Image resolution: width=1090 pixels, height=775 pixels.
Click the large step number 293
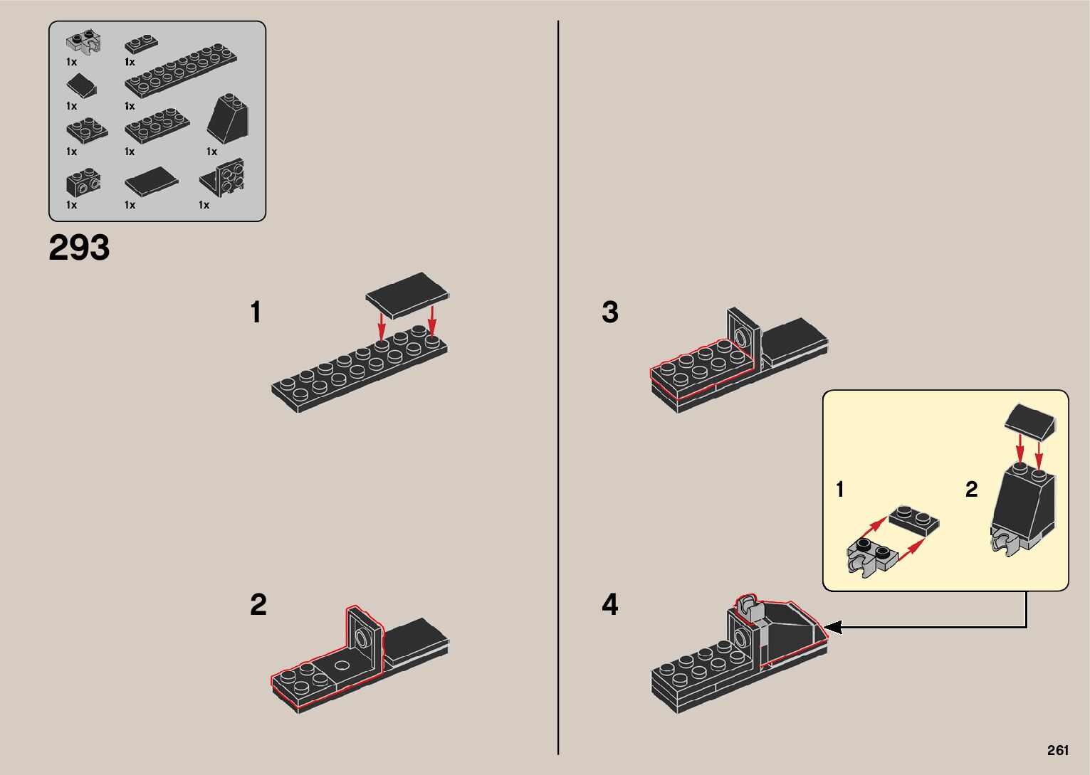79,248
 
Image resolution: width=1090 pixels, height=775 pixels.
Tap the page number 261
1058,750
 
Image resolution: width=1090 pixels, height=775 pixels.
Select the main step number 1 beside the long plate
256,312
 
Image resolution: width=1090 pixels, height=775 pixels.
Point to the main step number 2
258,604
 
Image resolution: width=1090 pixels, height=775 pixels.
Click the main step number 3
610,312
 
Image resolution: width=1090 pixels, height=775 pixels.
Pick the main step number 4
610,604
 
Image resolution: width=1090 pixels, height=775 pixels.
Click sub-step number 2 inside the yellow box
971,489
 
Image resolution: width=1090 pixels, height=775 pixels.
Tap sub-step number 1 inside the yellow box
840,489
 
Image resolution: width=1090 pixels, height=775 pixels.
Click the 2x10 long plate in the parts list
181,70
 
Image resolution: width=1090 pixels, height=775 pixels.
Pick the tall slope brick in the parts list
227,118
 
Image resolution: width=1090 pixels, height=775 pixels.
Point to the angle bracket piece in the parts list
222,178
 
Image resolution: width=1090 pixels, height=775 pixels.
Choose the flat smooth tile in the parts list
152,181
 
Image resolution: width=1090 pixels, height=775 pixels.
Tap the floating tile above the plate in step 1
407,295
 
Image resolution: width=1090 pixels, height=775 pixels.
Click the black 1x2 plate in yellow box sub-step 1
914,521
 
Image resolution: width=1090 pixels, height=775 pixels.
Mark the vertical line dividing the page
558,388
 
